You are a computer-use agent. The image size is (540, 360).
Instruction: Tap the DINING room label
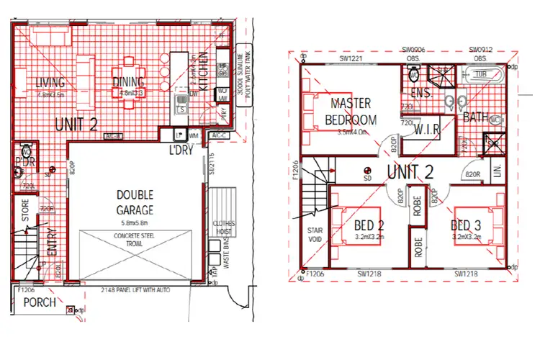[x=130, y=81]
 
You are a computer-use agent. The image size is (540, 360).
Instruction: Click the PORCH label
[x=39, y=303]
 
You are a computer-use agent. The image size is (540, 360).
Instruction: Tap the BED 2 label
[x=369, y=226]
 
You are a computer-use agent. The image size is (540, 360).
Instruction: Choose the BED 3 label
[x=468, y=226]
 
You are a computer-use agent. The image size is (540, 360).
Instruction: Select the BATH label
[x=477, y=117]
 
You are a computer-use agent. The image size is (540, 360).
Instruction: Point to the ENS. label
[x=420, y=94]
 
